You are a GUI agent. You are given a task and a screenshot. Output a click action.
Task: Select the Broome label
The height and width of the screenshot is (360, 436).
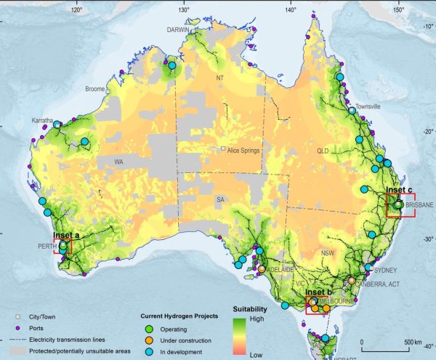[95, 89]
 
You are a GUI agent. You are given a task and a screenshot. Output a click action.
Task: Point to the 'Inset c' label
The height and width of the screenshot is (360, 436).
[399, 191]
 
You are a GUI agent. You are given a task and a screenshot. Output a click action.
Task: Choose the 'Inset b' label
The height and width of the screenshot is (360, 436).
[319, 292]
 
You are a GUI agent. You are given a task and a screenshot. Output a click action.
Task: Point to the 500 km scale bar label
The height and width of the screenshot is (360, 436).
[412, 342]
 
